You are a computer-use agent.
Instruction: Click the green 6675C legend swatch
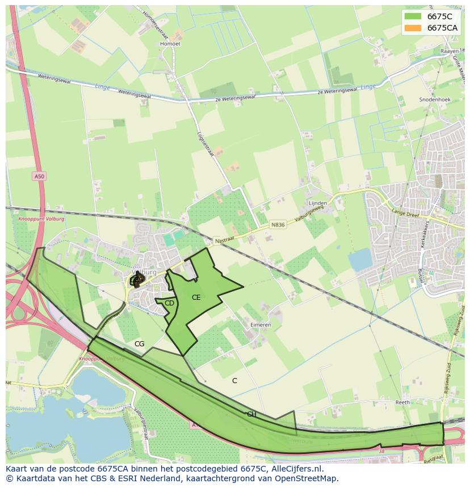point(413,16)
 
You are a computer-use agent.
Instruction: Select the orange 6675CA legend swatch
point(413,28)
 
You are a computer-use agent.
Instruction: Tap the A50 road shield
point(39,177)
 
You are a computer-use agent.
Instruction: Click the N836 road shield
point(278,225)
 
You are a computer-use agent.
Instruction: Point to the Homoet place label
point(170,44)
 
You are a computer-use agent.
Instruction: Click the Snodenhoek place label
point(434,99)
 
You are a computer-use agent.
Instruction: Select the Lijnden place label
point(317,203)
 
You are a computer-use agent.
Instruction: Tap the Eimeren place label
point(261,325)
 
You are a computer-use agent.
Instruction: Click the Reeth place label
point(402,402)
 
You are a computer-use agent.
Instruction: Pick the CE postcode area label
point(196,297)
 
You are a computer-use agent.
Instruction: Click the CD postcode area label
point(169,303)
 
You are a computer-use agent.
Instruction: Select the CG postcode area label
point(139,344)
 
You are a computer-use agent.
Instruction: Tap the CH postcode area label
point(251,414)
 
